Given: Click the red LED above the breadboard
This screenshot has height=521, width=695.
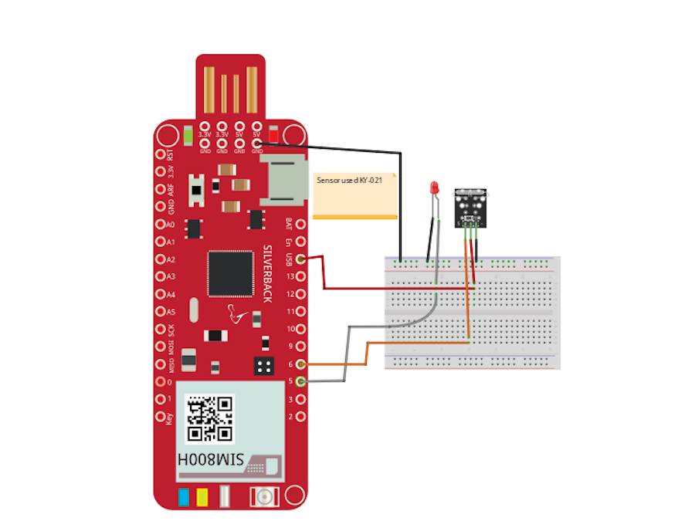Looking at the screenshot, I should click(x=434, y=188).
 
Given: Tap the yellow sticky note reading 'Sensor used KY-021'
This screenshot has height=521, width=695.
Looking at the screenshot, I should click(x=356, y=195).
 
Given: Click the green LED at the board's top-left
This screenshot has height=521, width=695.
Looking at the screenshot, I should click(x=188, y=137).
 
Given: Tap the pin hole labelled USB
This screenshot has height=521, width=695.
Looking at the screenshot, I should click(x=300, y=260).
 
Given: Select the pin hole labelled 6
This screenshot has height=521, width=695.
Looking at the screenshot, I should click(x=300, y=364).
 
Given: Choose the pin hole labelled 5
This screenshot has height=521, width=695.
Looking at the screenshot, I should click(x=300, y=381).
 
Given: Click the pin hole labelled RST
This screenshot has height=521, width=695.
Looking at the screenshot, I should click(x=160, y=154).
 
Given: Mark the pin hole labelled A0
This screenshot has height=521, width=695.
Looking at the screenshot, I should click(x=160, y=225).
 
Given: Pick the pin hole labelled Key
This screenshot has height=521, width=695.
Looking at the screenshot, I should click(x=160, y=417).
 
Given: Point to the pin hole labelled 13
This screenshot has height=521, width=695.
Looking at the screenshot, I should click(x=300, y=277).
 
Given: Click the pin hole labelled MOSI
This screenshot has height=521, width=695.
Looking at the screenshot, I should click(x=160, y=347).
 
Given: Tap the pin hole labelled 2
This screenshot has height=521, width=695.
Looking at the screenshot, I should click(x=300, y=417).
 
